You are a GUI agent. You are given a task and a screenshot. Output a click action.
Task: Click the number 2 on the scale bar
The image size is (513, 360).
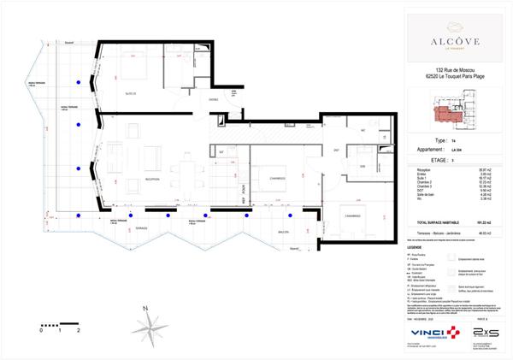(x=78, y=329)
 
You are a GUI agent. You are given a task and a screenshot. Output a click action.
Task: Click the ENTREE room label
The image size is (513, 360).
(x=215, y=100)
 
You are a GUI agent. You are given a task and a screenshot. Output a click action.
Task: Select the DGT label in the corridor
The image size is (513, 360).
(x=336, y=150)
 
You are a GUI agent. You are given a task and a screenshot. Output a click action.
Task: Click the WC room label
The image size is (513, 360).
(x=363, y=130)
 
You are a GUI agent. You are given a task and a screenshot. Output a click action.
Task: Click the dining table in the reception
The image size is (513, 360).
(x=185, y=170)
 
